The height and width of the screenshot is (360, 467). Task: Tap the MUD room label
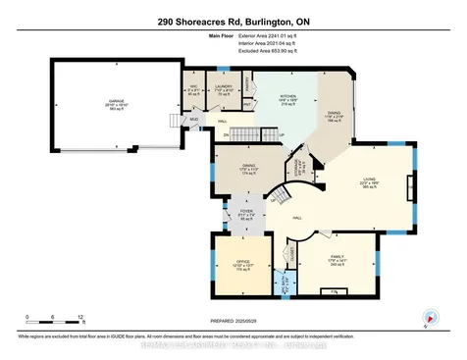tap(194, 121)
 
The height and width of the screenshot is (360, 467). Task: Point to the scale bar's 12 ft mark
tap(82, 317)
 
